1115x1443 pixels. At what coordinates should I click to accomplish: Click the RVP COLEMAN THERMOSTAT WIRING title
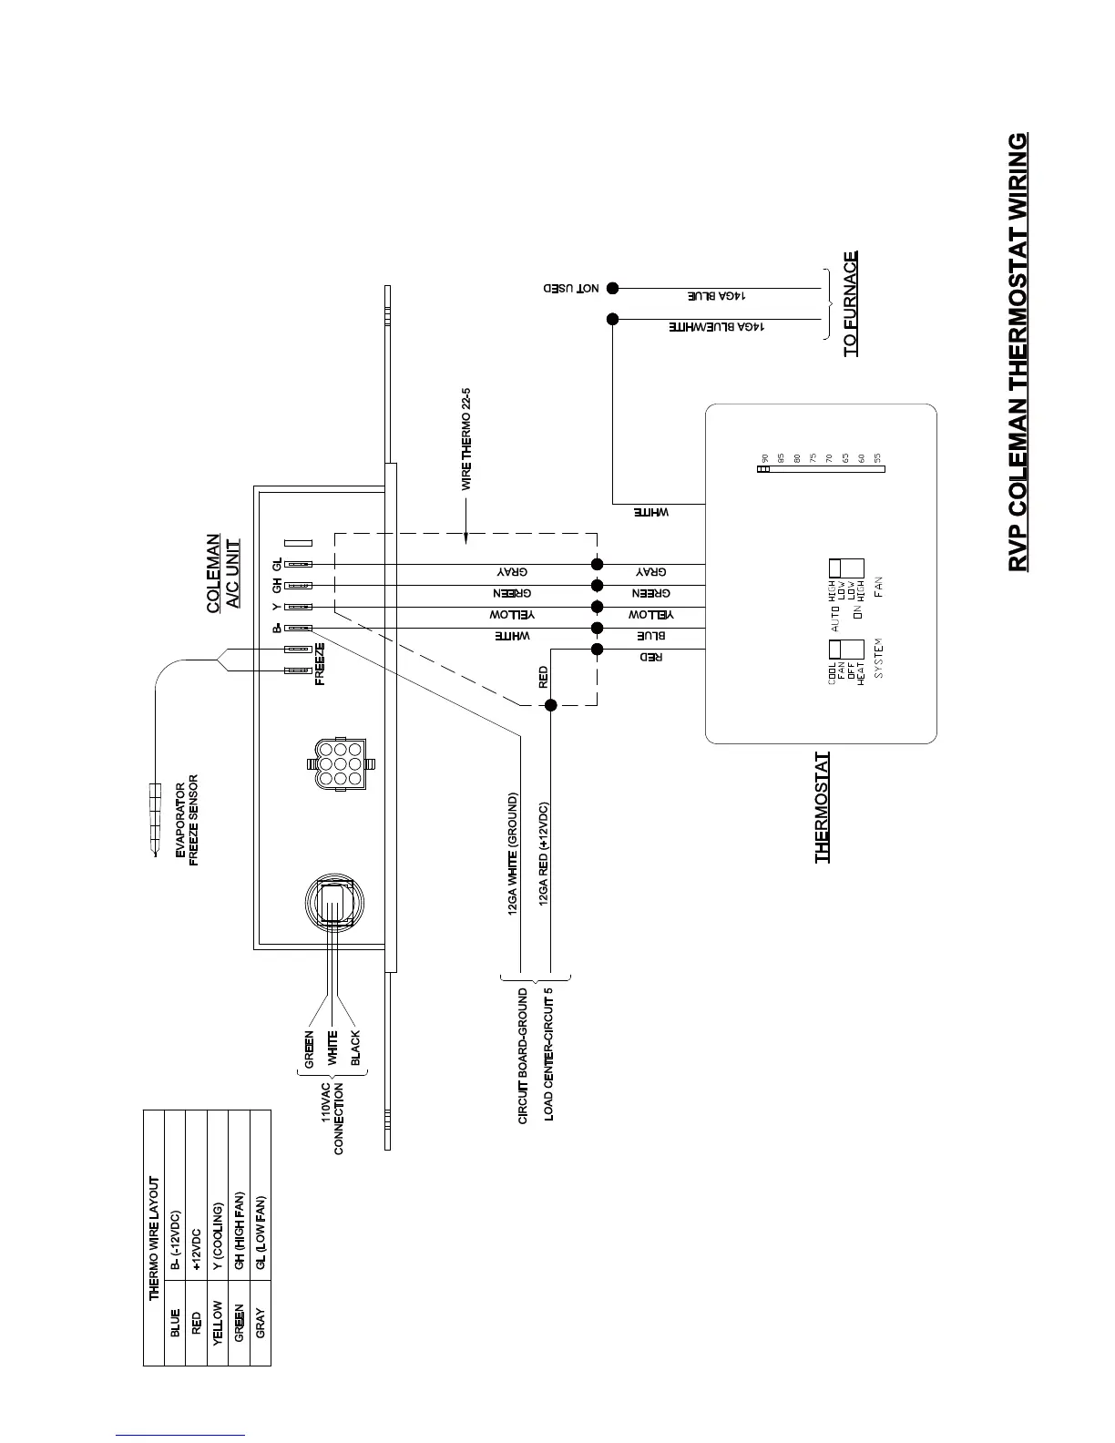[x=1018, y=353]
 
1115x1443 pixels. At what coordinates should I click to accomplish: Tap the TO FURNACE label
[x=850, y=303]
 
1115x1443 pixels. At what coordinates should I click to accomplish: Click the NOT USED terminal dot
[x=613, y=288]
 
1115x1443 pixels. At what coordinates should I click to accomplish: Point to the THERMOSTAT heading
[x=823, y=807]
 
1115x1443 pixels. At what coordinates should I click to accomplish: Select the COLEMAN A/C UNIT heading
[x=223, y=571]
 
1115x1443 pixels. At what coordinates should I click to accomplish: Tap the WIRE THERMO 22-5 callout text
[x=465, y=439]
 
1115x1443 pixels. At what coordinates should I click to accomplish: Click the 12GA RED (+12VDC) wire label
[x=544, y=853]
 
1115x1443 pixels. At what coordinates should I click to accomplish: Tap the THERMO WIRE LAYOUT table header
[x=154, y=1238]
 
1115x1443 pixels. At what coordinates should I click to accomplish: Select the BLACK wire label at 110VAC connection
[x=355, y=1049]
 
